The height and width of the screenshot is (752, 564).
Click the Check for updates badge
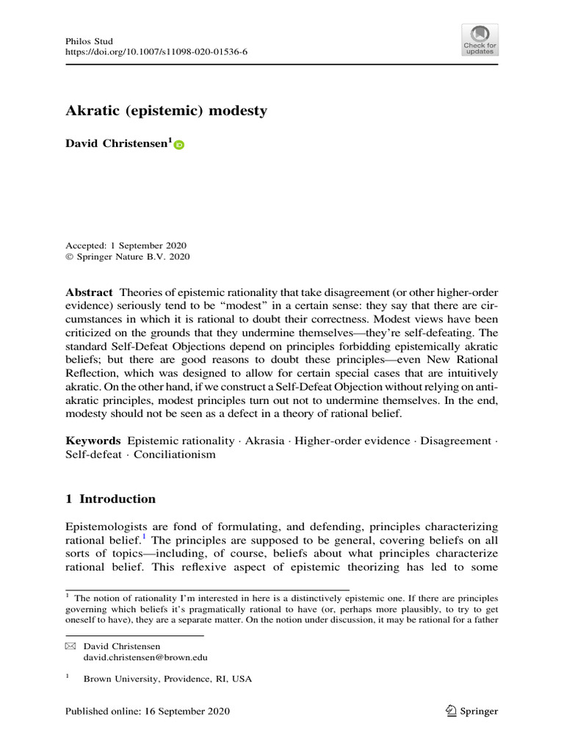(479, 40)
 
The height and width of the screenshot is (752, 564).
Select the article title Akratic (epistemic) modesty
(167, 112)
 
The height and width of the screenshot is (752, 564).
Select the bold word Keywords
(93, 441)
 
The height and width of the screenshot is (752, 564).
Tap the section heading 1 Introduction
(111, 499)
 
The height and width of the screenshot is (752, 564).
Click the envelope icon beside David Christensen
(70, 646)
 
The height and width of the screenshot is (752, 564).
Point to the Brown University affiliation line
(167, 679)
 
